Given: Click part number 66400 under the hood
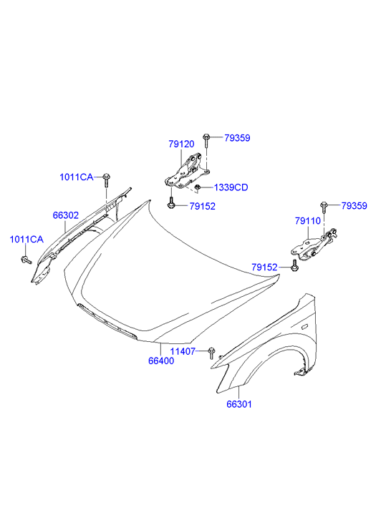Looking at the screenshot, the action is [x=161, y=360].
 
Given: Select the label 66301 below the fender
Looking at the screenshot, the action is [x=239, y=404].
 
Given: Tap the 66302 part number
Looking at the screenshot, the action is [x=66, y=215].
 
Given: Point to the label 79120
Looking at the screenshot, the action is [x=181, y=144].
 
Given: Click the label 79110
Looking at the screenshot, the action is [x=308, y=221].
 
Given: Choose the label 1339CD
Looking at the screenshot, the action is [x=231, y=187].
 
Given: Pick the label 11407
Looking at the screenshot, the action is [x=183, y=351].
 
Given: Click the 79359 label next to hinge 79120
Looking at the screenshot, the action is [x=237, y=138].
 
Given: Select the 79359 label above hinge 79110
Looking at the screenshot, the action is [x=355, y=205].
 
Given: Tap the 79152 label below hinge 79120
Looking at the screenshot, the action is [x=203, y=206].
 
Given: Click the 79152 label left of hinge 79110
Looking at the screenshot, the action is [x=264, y=267].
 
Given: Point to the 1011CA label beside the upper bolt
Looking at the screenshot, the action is [x=77, y=177].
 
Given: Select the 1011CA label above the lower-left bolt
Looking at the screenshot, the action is [x=26, y=239].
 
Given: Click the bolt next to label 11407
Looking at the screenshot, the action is [x=211, y=353].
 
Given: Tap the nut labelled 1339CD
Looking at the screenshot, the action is [x=198, y=187].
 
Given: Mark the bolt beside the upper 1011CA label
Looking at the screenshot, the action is [x=106, y=180].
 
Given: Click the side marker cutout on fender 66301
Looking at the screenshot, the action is [x=304, y=328].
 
